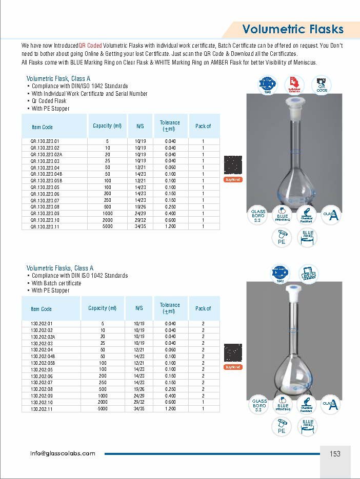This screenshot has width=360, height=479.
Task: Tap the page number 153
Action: tap(335, 453)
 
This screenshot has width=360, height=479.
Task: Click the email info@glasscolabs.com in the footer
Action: tap(63, 453)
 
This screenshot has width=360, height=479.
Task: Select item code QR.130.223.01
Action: tap(45, 141)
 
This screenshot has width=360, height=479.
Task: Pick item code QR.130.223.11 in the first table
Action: tap(45, 226)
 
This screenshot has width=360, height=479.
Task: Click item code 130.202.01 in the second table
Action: tap(42, 324)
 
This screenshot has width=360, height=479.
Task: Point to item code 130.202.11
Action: tap(42, 409)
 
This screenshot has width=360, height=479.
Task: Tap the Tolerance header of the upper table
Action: tap(170, 126)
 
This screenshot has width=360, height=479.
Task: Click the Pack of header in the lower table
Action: tap(203, 308)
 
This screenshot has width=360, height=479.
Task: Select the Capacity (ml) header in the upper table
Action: tap(107, 126)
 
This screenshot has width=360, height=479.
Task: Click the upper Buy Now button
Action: tap(233, 180)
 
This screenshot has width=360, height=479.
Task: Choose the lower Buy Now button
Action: tap(233, 367)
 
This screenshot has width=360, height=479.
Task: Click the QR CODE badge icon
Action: tap(322, 85)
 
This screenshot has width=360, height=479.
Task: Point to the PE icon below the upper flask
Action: tap(282, 238)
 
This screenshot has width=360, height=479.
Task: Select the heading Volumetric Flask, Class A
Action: tap(58, 78)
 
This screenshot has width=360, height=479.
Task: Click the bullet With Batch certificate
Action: tap(56, 283)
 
